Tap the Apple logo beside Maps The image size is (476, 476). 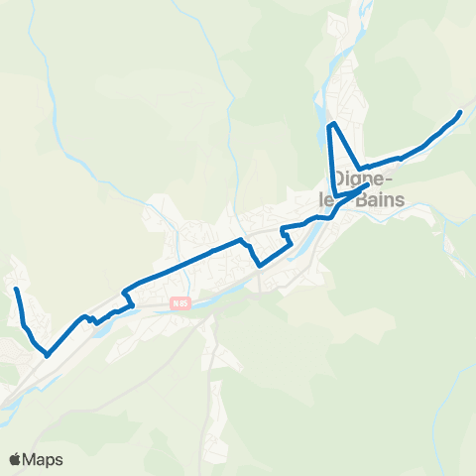coord(16,459)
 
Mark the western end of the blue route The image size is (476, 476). coord(16,289)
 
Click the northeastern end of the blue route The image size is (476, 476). coord(460,113)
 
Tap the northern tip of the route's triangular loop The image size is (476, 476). coord(333,124)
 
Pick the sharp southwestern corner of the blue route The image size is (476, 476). coord(47,353)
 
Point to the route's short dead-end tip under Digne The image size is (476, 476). coord(368,183)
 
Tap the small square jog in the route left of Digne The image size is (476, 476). coord(284,232)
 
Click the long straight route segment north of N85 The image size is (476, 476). coord(183,262)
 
